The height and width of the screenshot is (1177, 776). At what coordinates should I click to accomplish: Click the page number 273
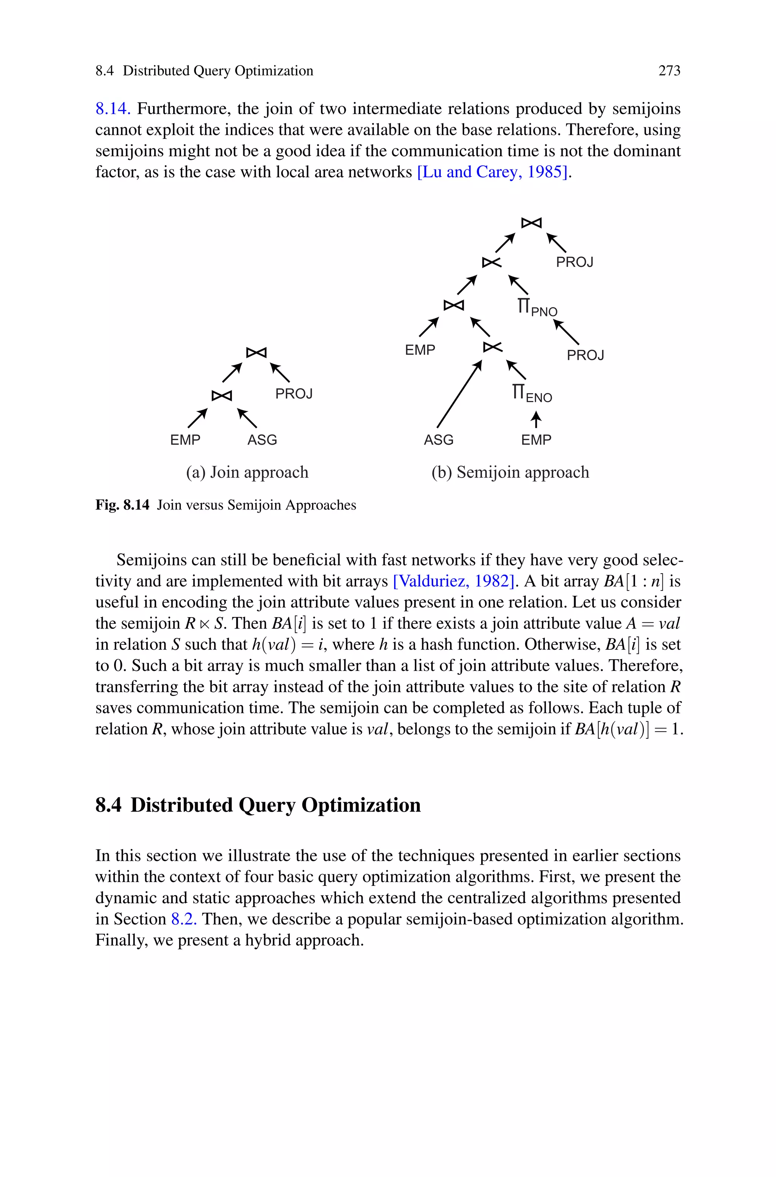click(x=669, y=71)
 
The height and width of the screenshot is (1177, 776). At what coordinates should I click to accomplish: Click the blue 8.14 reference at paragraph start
click(x=112, y=109)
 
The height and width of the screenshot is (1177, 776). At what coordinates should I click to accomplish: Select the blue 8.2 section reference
click(x=184, y=919)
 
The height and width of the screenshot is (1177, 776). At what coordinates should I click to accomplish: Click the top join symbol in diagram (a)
click(x=257, y=353)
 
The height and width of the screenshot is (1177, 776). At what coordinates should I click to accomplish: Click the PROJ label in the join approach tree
click(x=294, y=394)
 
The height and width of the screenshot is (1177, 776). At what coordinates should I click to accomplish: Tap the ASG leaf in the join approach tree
click(x=262, y=440)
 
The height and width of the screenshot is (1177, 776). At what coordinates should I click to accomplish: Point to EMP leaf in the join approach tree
click(x=185, y=440)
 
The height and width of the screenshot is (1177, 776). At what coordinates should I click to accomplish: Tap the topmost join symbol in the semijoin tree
click(x=532, y=223)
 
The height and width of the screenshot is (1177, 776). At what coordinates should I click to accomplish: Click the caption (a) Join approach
click(x=247, y=473)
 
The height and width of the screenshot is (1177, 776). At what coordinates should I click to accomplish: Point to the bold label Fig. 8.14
click(x=122, y=505)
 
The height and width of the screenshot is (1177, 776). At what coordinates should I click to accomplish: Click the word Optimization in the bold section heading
click(x=361, y=805)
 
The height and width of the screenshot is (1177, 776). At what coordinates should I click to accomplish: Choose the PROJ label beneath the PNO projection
click(x=585, y=356)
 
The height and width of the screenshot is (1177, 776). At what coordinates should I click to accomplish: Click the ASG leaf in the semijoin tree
click(x=438, y=440)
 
